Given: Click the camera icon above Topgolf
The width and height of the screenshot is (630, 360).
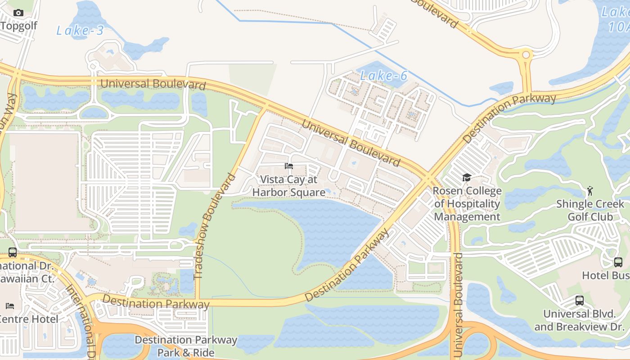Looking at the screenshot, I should (18, 13).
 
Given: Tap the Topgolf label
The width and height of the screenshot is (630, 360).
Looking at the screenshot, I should (18, 26).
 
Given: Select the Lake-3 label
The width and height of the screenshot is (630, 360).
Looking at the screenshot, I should (80, 31).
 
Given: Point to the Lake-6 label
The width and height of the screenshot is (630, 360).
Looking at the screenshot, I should (384, 76).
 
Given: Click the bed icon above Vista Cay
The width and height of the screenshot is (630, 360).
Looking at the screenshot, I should (289, 166).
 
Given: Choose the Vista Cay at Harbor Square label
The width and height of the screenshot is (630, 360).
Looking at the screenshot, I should (289, 186).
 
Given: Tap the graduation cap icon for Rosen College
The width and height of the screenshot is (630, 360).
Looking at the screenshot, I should (467, 178).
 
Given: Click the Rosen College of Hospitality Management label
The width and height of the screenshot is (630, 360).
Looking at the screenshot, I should (467, 204).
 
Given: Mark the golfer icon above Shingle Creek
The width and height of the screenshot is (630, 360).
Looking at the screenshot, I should (590, 191).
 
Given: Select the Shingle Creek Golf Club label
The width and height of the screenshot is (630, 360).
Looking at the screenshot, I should (590, 210).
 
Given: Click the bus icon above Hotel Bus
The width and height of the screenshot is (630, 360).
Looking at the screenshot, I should (618, 262).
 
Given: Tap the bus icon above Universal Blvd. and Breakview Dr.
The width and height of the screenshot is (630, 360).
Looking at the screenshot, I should (580, 301).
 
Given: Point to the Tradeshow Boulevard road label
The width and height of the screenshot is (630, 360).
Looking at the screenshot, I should (214, 226).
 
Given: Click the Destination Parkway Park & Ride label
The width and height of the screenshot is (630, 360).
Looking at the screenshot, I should (186, 346).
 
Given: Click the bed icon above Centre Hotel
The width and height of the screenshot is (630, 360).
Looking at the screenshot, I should (10, 306).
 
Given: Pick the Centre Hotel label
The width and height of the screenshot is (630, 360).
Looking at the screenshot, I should (29, 319).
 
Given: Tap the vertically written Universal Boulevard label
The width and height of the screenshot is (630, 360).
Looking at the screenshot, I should (458, 306).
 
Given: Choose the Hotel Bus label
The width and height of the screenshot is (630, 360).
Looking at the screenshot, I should (605, 275).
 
